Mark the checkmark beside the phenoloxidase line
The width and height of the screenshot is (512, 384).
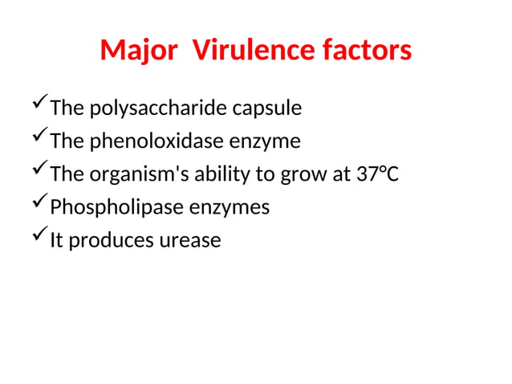click(38, 140)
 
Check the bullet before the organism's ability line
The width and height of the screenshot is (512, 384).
click(38, 173)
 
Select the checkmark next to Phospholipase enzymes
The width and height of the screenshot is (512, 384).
click(38, 206)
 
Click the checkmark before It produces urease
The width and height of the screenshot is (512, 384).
click(38, 239)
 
